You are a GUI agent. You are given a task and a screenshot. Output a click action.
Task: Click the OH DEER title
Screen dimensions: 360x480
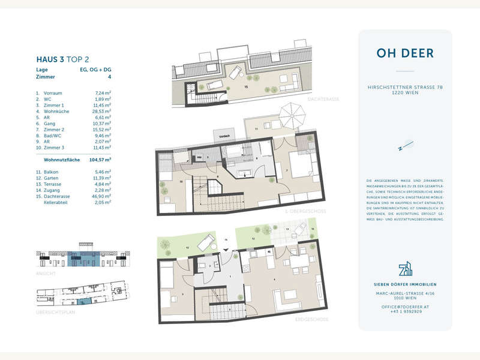point(405,53)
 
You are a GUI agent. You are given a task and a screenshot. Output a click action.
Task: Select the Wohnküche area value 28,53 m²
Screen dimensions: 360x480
point(103,111)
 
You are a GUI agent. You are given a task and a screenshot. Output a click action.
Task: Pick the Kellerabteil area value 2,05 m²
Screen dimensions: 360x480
point(103,203)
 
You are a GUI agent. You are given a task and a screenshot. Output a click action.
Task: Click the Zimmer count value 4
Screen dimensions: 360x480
point(110,77)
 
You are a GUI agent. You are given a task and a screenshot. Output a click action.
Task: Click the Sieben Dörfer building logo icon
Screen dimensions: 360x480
point(405,268)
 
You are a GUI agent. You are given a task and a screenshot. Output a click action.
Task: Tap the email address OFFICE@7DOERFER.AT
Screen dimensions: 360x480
point(405,307)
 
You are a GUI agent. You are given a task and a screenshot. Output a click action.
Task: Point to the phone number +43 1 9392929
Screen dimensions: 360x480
point(405,312)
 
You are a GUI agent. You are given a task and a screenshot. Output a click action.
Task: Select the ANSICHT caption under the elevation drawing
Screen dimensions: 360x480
point(46,274)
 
